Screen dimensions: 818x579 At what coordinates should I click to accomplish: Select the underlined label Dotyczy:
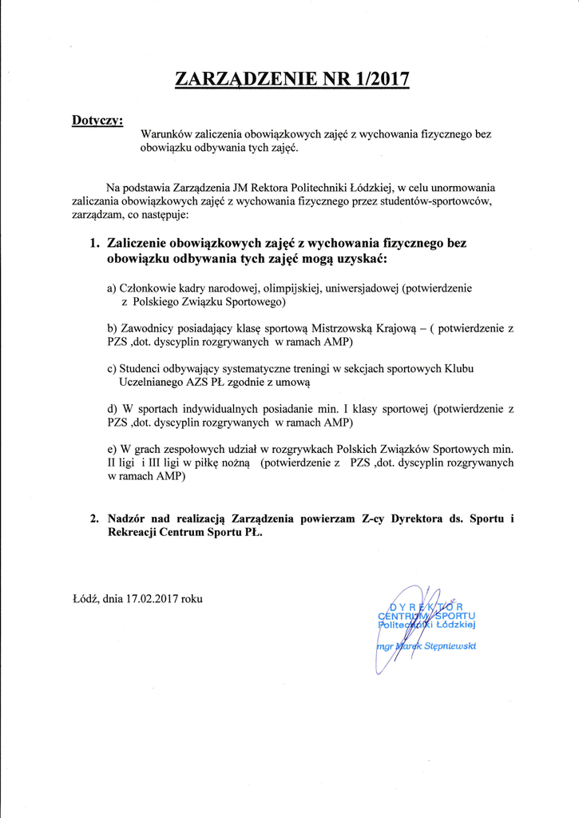(97, 120)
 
